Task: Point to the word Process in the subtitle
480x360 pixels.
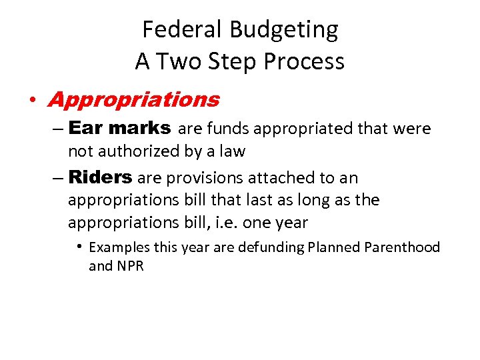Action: click(x=304, y=61)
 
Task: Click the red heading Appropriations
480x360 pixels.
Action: click(x=133, y=100)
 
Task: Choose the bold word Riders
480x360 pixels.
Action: click(x=100, y=177)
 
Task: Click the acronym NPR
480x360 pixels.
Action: click(x=130, y=267)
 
